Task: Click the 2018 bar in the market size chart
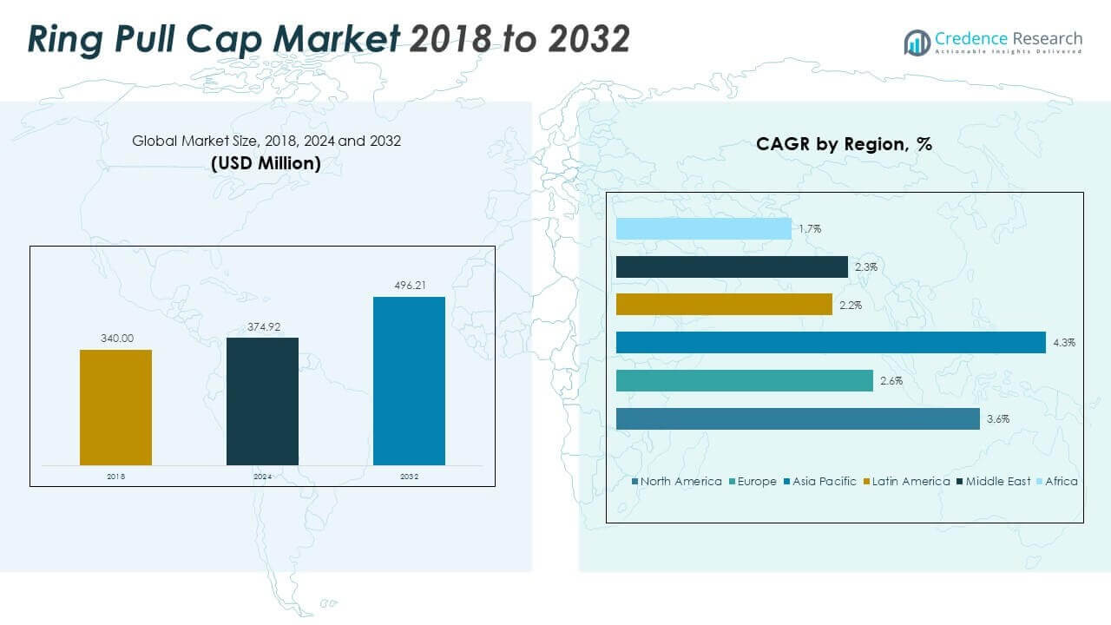115,407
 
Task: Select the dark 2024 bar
262,401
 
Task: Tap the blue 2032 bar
409,381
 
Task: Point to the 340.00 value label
115,339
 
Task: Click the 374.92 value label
262,326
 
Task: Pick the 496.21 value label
409,286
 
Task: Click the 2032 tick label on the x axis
409,477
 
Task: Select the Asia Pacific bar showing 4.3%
831,343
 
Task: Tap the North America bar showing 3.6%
798,418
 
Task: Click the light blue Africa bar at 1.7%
703,228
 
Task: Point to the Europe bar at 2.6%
744,380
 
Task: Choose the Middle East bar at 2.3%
732,266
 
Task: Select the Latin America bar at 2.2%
724,305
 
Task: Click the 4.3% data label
1064,343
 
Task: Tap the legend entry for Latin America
910,481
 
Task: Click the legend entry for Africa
1061,481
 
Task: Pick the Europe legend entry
756,481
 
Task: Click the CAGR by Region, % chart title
844,144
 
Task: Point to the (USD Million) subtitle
266,162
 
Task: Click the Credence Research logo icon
917,42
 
